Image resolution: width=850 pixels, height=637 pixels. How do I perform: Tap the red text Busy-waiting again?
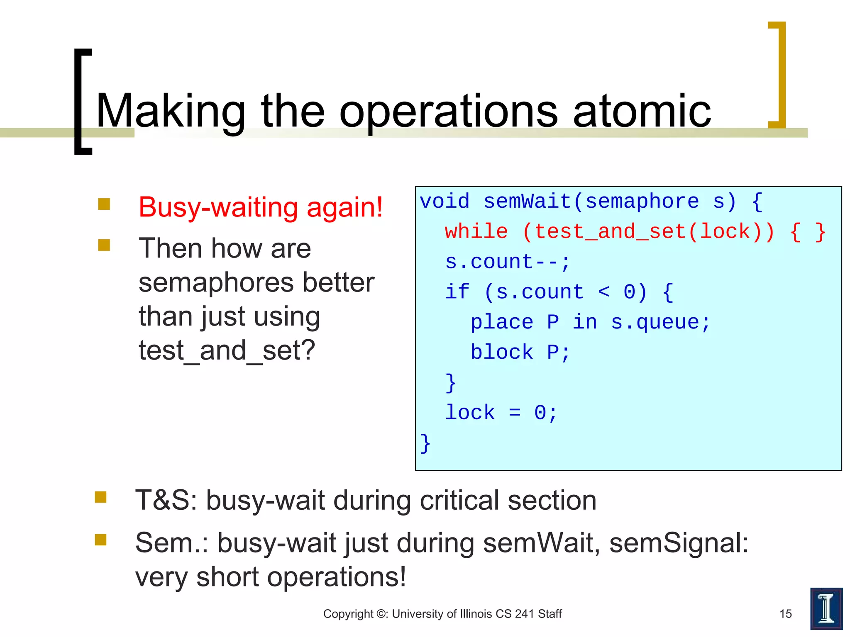(x=260, y=207)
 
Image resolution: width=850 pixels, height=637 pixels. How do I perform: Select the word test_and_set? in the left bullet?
(x=227, y=350)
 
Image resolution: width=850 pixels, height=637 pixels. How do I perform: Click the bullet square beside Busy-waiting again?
(x=104, y=204)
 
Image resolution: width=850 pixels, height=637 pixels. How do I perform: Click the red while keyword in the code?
(x=476, y=231)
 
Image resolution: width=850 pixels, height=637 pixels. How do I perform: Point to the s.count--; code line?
(x=507, y=262)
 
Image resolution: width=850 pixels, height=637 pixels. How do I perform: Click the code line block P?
(x=520, y=352)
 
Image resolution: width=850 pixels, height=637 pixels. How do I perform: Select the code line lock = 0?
(x=501, y=413)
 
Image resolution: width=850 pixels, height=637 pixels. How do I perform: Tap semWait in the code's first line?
(x=527, y=202)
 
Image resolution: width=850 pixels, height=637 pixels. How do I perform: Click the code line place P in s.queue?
(x=590, y=322)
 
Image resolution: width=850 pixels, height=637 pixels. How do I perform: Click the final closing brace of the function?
(x=425, y=443)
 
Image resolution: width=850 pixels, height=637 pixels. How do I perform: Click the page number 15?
(x=785, y=614)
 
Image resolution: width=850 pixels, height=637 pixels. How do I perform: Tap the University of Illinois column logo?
(x=826, y=608)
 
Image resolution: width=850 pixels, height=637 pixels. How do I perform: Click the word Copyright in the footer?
(x=348, y=614)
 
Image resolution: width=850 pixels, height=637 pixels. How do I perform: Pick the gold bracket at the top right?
(x=778, y=75)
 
